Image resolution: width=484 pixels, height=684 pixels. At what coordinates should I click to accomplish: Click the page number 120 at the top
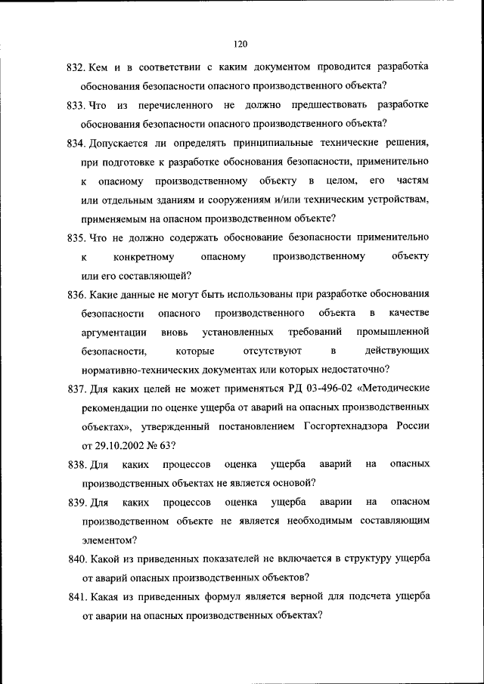(x=241, y=44)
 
